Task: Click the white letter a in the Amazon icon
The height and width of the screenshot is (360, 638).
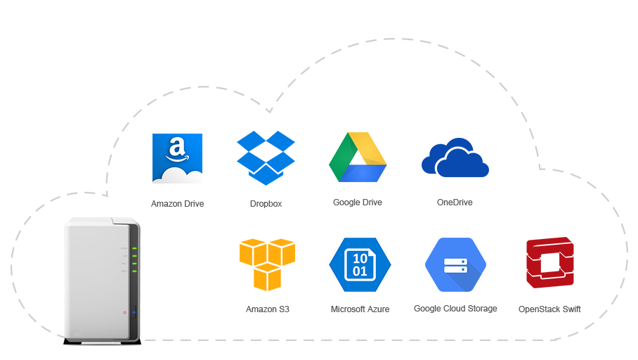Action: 176,148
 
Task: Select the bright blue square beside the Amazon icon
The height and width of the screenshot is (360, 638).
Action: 266,157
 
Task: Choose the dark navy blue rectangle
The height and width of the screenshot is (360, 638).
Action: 455,157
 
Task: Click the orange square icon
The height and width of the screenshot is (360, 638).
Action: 267,264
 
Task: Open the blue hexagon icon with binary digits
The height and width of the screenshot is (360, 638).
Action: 360,264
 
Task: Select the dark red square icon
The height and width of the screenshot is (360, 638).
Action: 549,262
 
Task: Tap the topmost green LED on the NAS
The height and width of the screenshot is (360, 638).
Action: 134,249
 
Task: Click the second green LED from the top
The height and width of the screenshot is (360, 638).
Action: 134,257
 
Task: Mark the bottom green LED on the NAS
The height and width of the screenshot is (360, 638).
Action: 134,271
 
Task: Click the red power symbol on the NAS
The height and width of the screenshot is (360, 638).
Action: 124,311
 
